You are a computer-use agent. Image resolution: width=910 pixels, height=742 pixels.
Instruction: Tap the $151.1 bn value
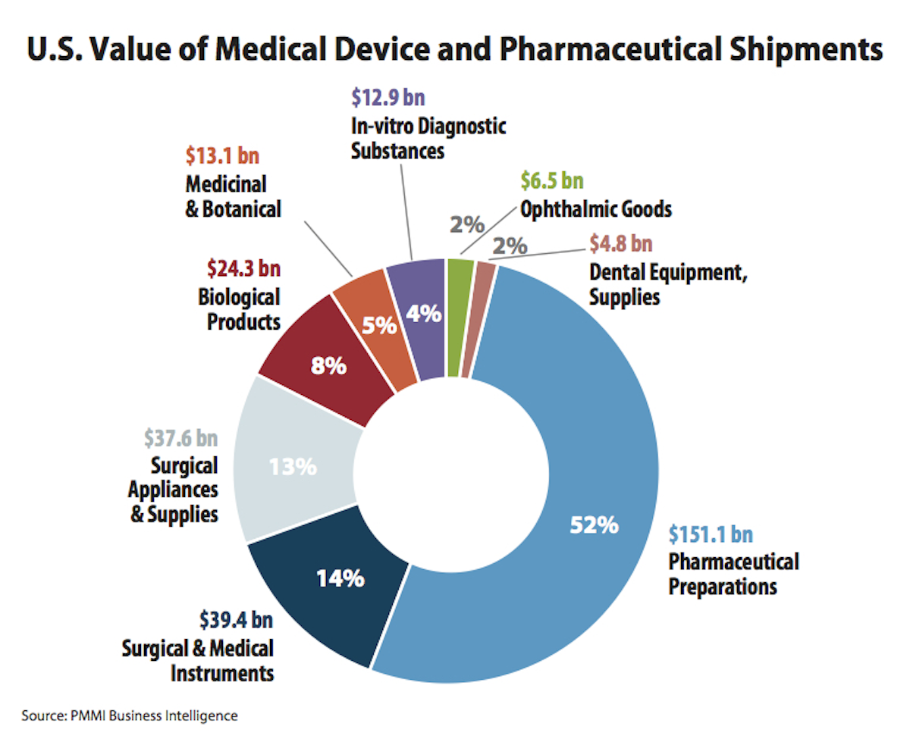(711, 534)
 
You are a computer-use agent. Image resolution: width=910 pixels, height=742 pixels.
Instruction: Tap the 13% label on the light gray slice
(293, 467)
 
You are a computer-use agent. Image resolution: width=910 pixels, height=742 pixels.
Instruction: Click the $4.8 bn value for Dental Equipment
(621, 244)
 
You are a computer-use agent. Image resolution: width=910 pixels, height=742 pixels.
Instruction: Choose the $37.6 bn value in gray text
(180, 438)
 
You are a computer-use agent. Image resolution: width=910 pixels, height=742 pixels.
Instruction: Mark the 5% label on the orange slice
(379, 326)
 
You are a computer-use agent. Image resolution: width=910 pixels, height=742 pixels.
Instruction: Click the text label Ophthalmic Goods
(596, 208)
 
